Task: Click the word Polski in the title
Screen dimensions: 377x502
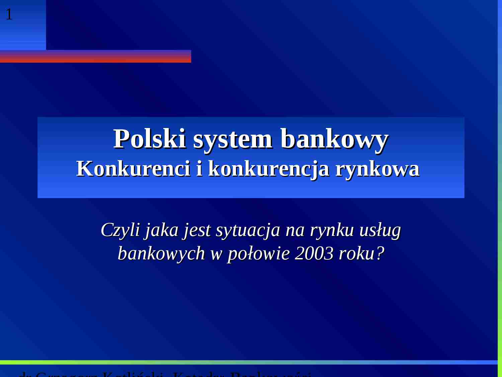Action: pyautogui.click(x=150, y=139)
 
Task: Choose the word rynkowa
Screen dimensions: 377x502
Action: pyautogui.click(x=377, y=169)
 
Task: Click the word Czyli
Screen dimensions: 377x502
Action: pyautogui.click(x=120, y=231)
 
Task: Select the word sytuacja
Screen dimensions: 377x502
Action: pyautogui.click(x=248, y=231)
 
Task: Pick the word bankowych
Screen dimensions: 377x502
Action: pyautogui.click(x=161, y=254)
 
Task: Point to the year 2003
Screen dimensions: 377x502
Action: pyautogui.click(x=314, y=254)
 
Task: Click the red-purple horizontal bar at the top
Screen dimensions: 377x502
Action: pyautogui.click(x=95, y=56)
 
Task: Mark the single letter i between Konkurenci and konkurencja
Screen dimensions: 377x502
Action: pyautogui.click(x=199, y=168)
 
